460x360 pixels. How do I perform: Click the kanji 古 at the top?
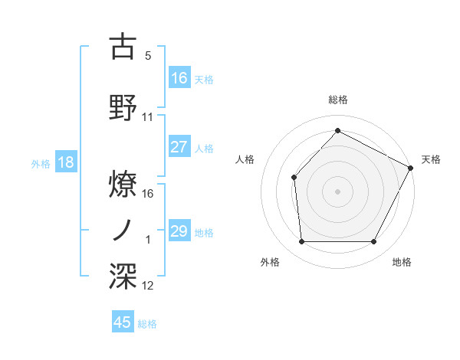(x=123, y=47)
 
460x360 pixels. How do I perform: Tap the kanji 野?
(x=123, y=108)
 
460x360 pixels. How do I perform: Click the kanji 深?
(x=123, y=277)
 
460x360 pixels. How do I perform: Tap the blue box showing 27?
(x=179, y=148)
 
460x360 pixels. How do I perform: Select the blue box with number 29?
(x=179, y=231)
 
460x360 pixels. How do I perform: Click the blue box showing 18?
(x=65, y=162)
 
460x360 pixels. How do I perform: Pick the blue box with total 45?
(x=123, y=322)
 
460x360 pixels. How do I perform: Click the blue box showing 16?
(x=179, y=77)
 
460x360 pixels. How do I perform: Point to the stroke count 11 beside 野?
(x=148, y=117)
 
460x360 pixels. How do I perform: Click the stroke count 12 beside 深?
(x=148, y=286)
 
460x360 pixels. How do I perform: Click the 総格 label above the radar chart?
(x=337, y=100)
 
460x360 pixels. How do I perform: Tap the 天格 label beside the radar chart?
(x=431, y=159)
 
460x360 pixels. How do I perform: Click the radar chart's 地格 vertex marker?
(x=374, y=242)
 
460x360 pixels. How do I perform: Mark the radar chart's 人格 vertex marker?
(x=294, y=177)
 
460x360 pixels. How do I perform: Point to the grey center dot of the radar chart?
(x=337, y=191)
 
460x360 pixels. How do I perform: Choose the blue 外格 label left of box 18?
(x=40, y=163)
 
